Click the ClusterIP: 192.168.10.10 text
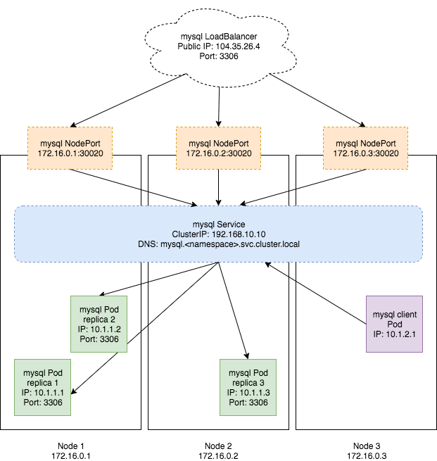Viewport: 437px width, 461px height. click(218, 233)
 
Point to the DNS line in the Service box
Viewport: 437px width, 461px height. click(218, 243)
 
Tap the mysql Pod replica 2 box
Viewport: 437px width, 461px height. click(99, 323)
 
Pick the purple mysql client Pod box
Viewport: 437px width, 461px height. click(394, 323)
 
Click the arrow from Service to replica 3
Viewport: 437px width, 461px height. click(234, 310)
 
